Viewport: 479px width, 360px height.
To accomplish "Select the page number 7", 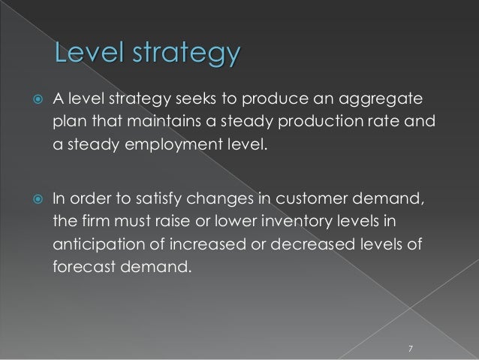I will click(410, 348).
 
